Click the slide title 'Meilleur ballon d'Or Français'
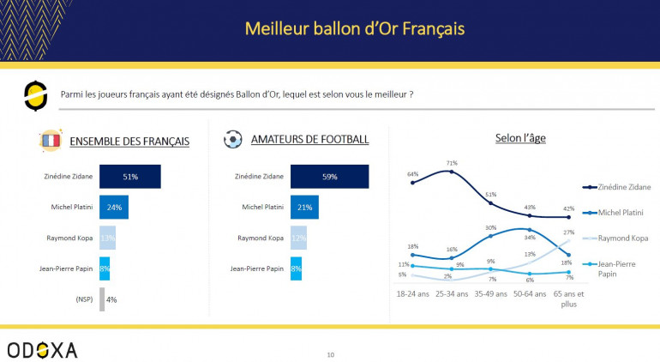tap(354, 28)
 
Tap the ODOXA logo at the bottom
tap(42, 349)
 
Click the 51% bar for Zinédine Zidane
tap(129, 177)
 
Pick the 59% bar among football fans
tap(329, 177)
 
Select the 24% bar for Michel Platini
tap(114, 207)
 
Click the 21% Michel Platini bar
tap(304, 207)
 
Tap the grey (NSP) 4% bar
tap(102, 299)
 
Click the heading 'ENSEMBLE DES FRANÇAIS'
tap(129, 141)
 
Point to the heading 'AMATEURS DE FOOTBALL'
tap(310, 140)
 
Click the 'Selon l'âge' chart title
tap(519, 137)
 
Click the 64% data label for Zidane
tap(412, 174)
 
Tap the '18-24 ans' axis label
tap(412, 293)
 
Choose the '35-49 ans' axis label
tap(491, 293)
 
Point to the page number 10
tap(331, 353)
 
